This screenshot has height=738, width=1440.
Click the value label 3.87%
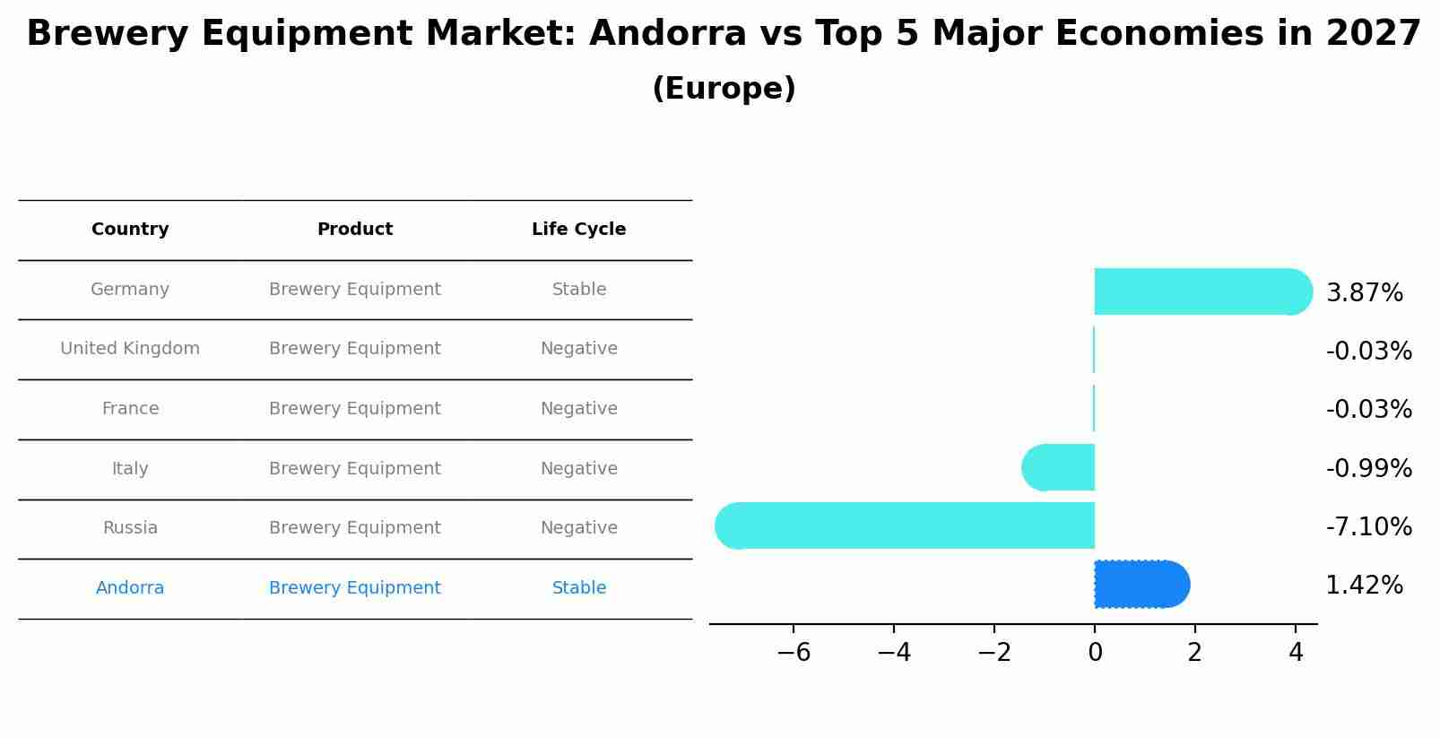click(1364, 293)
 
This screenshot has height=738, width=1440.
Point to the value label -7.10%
click(1368, 526)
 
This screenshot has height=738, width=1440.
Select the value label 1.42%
click(1364, 586)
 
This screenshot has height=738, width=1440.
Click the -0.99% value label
click(1368, 468)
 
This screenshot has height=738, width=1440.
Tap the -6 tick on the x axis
click(794, 653)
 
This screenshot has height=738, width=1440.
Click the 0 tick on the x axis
click(1095, 653)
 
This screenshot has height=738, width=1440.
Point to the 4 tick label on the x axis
click(1295, 653)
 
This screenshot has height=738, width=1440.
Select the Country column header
click(130, 230)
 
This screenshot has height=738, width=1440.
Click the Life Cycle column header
click(578, 230)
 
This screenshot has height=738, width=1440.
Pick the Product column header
click(355, 230)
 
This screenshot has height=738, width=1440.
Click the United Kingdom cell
click(130, 349)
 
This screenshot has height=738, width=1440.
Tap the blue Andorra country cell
click(130, 588)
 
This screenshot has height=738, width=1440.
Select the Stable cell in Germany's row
click(579, 290)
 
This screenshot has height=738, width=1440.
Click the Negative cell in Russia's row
click(579, 528)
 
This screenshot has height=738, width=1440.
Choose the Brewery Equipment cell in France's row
click(355, 409)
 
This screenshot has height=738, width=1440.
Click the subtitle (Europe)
click(724, 89)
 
